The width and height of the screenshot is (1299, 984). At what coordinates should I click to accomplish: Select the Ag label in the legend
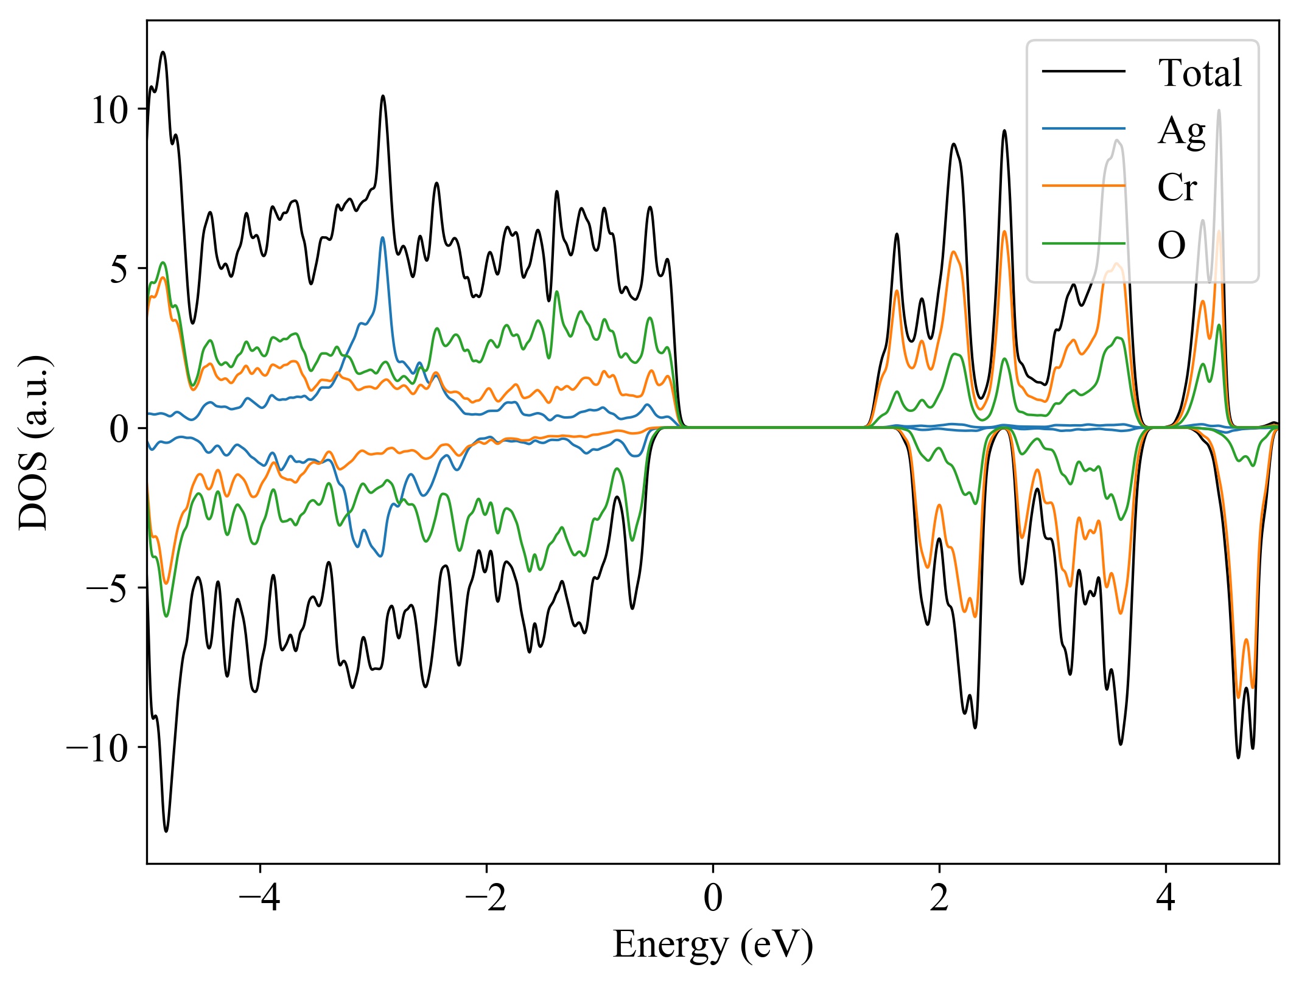tap(1182, 130)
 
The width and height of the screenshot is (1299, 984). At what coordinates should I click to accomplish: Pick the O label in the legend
tap(1171, 245)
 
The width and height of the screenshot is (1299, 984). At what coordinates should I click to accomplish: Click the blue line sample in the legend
tap(1084, 128)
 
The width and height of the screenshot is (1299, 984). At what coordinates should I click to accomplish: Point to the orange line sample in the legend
tap(1084, 185)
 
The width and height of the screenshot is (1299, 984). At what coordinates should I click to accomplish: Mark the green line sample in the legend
tap(1084, 243)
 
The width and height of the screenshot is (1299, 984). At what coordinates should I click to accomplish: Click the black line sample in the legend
tap(1084, 71)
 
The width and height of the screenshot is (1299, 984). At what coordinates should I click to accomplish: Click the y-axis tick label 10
tap(110, 111)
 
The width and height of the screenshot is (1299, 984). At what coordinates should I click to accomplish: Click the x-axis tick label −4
tap(260, 897)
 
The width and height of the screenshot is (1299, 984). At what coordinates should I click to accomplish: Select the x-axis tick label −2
tap(486, 897)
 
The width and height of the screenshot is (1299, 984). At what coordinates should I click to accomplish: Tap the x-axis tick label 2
tap(939, 897)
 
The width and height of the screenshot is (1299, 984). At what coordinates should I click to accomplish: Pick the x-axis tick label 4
tap(1166, 897)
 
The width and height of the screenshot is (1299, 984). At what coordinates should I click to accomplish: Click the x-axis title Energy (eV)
tap(712, 945)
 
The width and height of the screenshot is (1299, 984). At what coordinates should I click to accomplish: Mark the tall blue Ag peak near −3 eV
tap(382, 238)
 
